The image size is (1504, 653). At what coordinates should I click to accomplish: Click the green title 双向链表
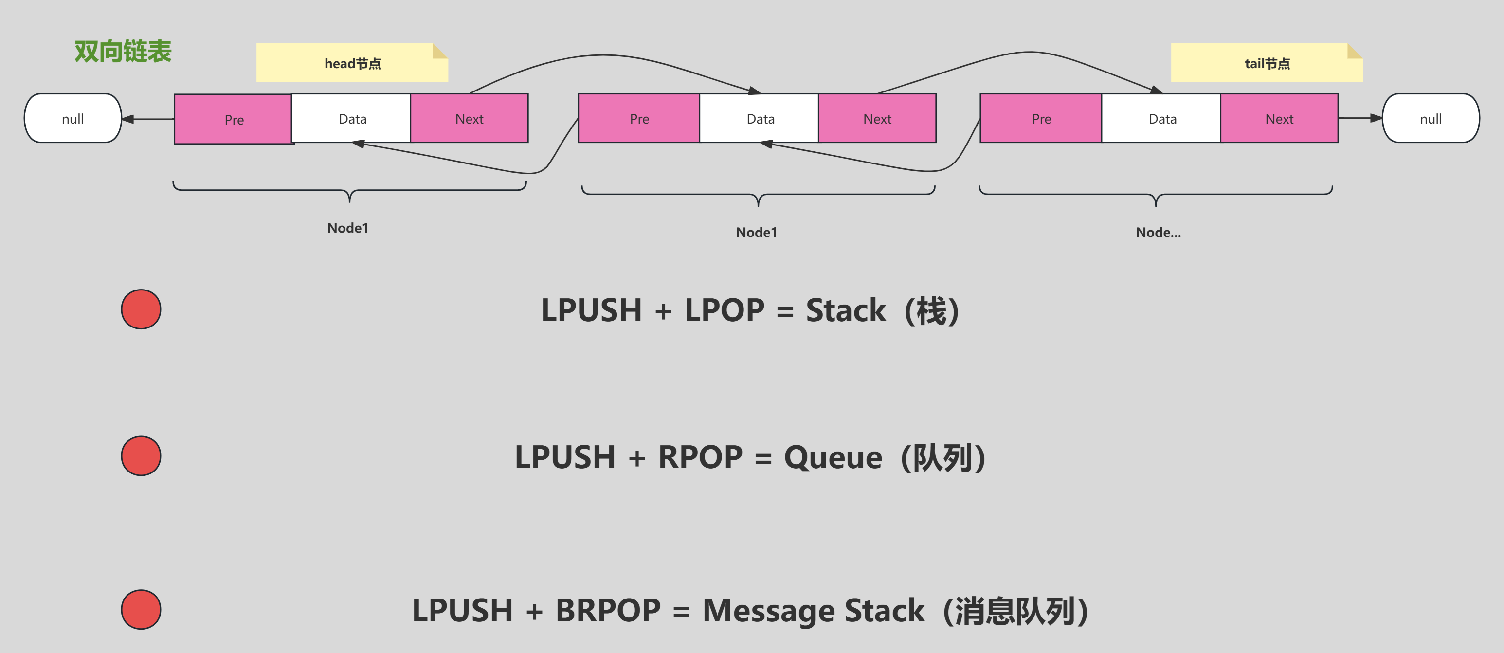tap(123, 52)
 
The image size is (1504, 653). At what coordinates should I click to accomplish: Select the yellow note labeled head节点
tap(352, 63)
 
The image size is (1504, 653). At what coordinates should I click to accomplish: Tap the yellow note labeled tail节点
tap(1267, 63)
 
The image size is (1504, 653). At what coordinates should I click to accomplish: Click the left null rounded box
tap(73, 119)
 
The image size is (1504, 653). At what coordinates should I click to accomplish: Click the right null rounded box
tap(1431, 119)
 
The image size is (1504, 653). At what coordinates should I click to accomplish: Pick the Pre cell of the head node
tap(234, 119)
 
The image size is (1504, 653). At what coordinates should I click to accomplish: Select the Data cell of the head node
tap(352, 119)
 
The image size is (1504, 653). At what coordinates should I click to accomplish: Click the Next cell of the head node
tap(470, 119)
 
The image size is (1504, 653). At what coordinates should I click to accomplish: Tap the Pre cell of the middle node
tap(639, 119)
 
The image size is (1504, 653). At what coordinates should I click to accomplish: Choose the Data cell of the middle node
tap(760, 119)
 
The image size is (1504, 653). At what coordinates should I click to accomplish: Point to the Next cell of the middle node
tap(877, 119)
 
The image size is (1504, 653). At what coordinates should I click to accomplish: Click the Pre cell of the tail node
tap(1041, 119)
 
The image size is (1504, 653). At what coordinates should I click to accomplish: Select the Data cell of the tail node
tap(1162, 119)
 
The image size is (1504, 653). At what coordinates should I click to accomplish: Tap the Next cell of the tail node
tap(1279, 119)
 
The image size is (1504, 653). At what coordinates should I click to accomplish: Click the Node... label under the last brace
tap(1158, 233)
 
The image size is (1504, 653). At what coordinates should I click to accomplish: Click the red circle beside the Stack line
tap(141, 309)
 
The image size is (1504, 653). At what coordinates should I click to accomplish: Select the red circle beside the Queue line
tap(141, 455)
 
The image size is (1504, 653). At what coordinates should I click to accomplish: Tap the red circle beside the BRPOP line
tap(141, 609)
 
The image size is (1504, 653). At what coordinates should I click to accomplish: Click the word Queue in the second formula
tap(833, 457)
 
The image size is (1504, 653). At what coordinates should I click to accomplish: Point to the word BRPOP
tap(608, 610)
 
